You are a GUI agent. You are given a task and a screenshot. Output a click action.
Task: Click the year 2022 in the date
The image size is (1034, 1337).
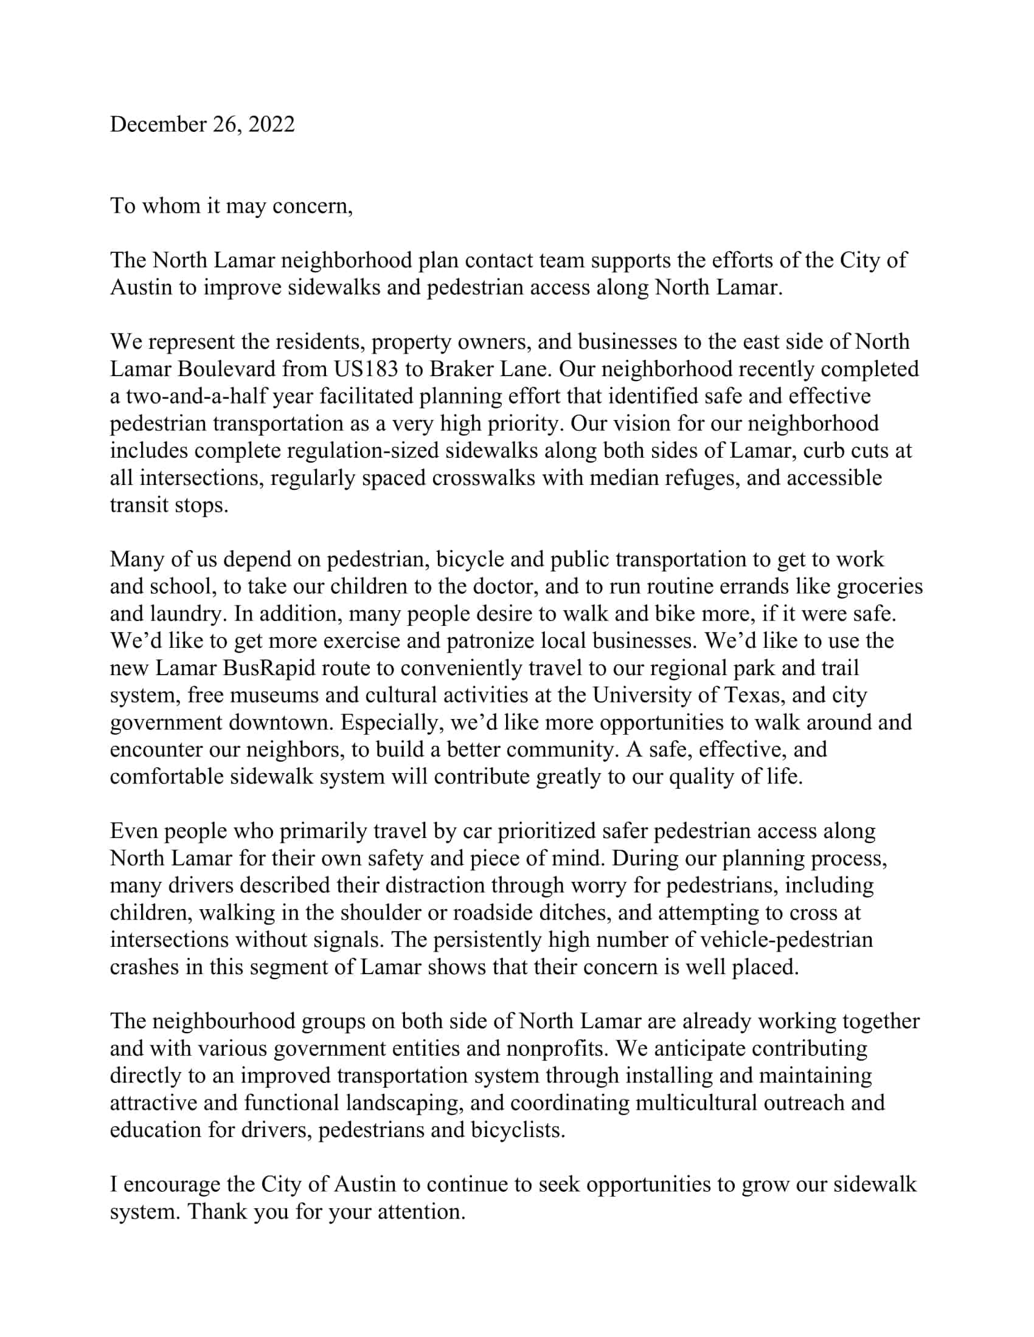tap(271, 124)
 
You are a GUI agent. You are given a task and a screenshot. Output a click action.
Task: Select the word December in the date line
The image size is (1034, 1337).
tap(158, 124)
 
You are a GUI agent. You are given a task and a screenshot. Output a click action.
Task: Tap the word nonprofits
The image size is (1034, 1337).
tap(557, 1049)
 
